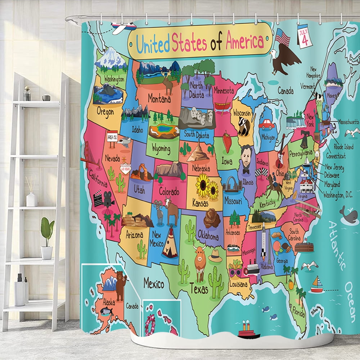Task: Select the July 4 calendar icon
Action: pos(305,36)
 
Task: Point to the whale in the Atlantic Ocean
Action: pos(348,215)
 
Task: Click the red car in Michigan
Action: pos(266,124)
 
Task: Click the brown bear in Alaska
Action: pos(121,284)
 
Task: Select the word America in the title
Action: pos(245,41)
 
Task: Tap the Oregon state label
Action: pos(105,112)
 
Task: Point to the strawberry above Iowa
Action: pos(227,141)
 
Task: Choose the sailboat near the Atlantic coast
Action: pos(317,284)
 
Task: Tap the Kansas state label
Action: pos(201,203)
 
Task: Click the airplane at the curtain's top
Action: pos(123,27)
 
